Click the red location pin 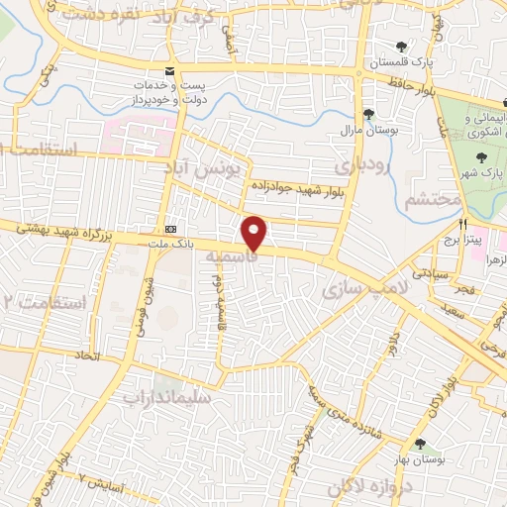click(x=253, y=233)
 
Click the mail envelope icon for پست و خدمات click(x=170, y=72)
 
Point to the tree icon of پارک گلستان click(x=401, y=47)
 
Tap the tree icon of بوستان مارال click(x=367, y=113)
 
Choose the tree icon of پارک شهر click(x=481, y=155)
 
